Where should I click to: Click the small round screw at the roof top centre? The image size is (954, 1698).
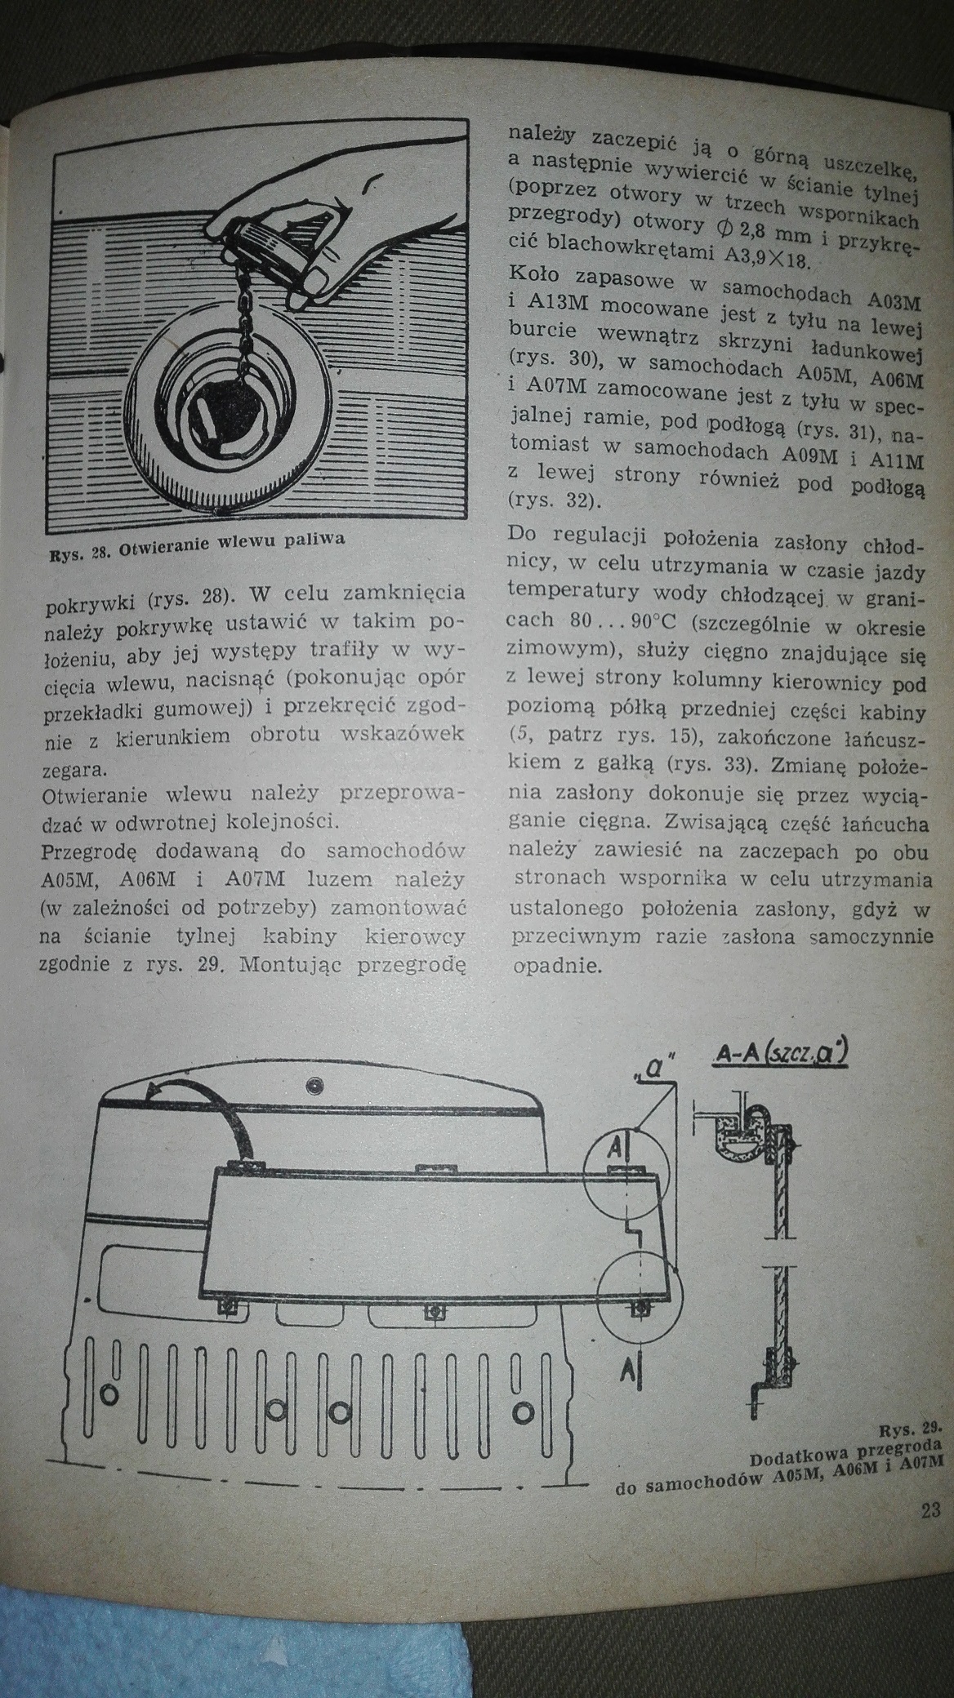(312, 1087)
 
